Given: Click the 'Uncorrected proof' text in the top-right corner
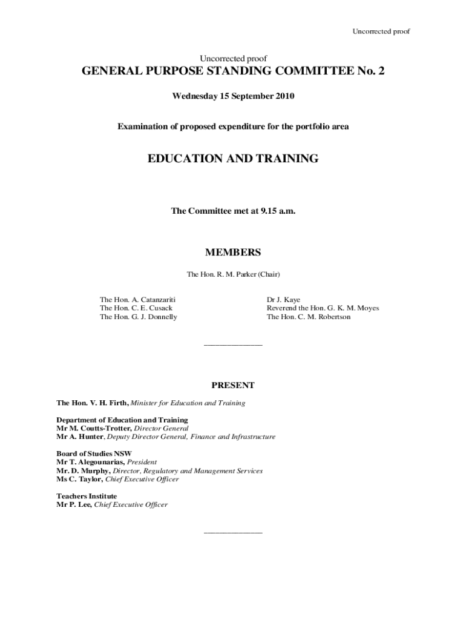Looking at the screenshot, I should (x=381, y=31).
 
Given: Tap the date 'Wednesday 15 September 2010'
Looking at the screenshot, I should (x=233, y=96).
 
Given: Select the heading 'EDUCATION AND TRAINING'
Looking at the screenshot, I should (x=233, y=159).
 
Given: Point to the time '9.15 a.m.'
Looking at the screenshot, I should (x=278, y=211).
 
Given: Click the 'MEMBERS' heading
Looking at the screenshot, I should (x=233, y=252).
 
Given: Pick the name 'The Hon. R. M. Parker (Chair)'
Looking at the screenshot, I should (x=233, y=274).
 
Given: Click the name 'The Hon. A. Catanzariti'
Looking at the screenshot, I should (x=137, y=300).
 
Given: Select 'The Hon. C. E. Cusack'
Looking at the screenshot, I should (x=136, y=308).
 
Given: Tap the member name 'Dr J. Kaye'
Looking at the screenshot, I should (x=283, y=300).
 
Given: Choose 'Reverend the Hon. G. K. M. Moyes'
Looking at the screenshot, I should (x=323, y=308).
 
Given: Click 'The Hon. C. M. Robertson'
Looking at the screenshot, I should (x=308, y=317).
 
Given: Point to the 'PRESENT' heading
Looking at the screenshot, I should (x=233, y=385).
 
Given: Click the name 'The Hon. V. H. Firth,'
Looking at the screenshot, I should (x=93, y=403).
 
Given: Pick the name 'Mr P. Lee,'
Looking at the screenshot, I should (x=74, y=505).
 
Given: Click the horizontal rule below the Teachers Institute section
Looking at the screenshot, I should (x=233, y=533).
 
